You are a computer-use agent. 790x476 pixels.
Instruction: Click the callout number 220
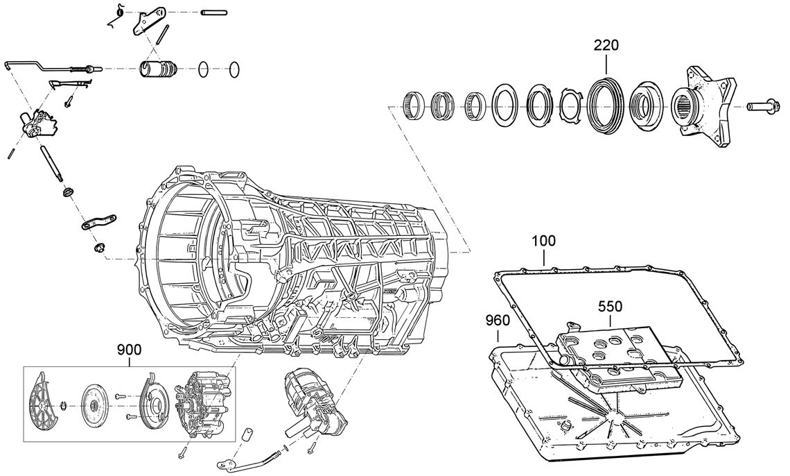click(x=606, y=45)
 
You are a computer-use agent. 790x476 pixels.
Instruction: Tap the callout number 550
click(x=611, y=305)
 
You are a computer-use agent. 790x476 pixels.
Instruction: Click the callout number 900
click(x=130, y=350)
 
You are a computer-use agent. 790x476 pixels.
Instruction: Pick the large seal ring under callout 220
click(x=605, y=106)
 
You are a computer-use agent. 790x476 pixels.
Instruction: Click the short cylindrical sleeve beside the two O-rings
click(x=159, y=70)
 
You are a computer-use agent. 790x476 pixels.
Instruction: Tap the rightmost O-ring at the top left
click(x=235, y=69)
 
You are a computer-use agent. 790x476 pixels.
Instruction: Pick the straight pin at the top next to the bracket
click(x=214, y=12)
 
